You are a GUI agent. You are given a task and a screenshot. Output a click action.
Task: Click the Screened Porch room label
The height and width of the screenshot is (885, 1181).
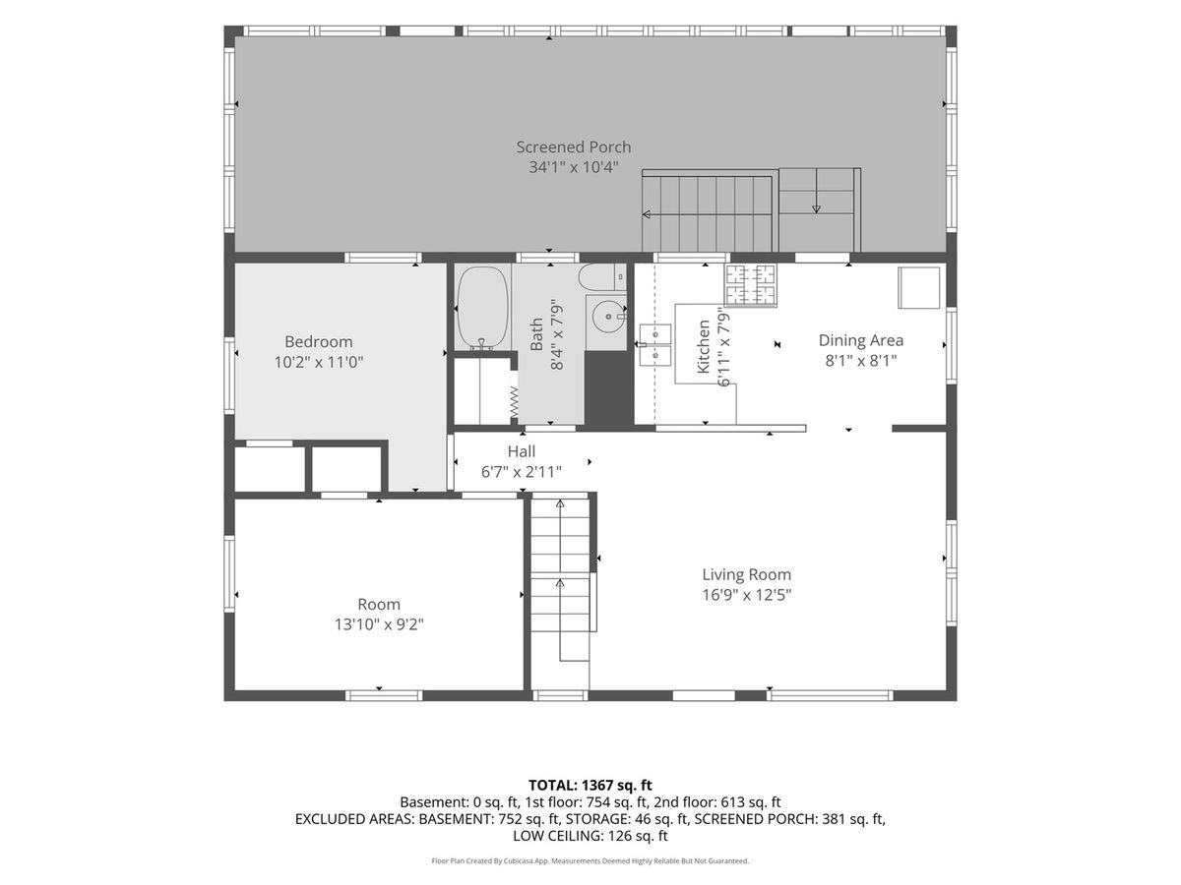point(574,147)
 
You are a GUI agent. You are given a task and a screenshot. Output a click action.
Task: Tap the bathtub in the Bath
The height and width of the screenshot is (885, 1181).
point(482,309)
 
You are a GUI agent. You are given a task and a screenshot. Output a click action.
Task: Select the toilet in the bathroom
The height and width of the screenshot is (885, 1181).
point(602,276)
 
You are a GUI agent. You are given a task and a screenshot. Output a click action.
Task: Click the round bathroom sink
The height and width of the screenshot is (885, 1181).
point(607,317)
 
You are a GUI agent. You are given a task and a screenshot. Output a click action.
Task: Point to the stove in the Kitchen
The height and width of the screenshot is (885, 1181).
point(751,285)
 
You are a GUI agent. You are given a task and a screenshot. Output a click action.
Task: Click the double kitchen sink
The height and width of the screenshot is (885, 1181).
point(655,344)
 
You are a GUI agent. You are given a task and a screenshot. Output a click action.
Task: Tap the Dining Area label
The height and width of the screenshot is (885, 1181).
point(861,340)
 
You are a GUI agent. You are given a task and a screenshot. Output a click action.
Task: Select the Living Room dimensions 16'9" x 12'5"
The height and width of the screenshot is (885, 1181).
point(746,595)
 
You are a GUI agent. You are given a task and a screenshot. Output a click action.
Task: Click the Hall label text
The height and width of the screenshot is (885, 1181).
point(522,451)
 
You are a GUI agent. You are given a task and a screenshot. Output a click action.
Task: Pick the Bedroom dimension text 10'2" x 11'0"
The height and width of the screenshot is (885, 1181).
point(319,362)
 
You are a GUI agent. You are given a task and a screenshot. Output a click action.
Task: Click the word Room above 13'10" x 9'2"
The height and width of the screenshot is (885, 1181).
point(379,604)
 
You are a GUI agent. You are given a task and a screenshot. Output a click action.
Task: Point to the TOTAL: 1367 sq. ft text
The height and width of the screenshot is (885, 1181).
point(590,785)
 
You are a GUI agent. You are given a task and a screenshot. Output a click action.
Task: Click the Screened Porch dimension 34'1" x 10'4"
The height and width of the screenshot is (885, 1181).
point(574,167)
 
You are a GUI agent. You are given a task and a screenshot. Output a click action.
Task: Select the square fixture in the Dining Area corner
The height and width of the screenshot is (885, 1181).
point(919,287)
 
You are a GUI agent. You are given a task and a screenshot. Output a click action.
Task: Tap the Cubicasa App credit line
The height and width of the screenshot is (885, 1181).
point(590,860)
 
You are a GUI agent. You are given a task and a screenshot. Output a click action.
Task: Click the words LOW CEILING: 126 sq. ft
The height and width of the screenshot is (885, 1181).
point(590,836)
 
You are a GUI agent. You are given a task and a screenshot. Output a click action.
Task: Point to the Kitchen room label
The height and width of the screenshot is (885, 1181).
point(704,346)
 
